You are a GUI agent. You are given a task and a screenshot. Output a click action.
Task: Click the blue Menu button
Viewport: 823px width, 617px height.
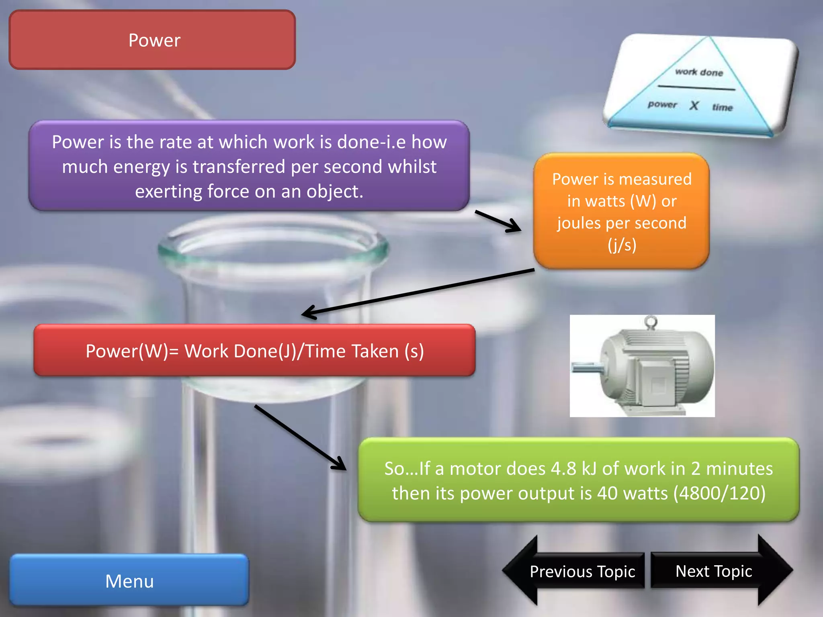[x=129, y=580]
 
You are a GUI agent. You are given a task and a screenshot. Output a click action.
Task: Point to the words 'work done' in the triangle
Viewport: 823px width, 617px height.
[x=699, y=72]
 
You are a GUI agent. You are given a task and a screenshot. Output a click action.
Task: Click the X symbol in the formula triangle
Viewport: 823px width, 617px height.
[x=694, y=106]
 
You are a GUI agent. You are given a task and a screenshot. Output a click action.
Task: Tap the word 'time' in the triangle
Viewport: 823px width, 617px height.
[x=723, y=107]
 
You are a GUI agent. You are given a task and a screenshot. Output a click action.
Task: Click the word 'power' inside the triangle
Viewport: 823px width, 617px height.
[x=662, y=104]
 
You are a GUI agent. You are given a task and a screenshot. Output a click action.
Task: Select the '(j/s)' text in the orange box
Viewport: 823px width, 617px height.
[x=622, y=245]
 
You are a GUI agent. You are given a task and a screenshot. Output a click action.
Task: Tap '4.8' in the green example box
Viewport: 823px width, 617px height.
[x=563, y=468]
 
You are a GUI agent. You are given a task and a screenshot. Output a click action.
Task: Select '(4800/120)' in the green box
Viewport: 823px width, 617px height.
[x=719, y=493]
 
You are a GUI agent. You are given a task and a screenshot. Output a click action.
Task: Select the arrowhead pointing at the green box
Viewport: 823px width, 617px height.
[x=340, y=464]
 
